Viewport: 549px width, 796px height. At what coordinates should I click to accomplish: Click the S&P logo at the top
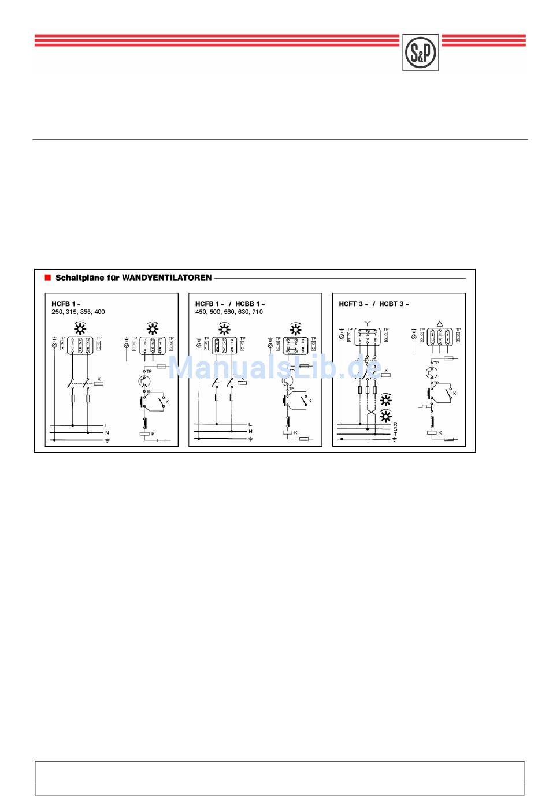[x=420, y=52]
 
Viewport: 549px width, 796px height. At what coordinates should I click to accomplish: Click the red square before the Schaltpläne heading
[x=48, y=278]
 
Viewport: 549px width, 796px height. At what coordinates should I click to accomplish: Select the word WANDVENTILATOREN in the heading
[x=167, y=278]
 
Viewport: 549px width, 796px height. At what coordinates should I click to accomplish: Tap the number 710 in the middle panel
[x=257, y=312]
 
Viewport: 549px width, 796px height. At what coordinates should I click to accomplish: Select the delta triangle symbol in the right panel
[x=440, y=324]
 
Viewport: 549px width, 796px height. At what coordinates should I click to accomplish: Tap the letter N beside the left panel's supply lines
[x=107, y=432]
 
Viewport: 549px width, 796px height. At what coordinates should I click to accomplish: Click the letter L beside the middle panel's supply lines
[x=250, y=424]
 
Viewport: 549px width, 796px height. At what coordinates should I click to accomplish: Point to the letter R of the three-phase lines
[x=395, y=424]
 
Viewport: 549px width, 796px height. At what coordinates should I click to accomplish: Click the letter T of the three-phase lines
[x=395, y=434]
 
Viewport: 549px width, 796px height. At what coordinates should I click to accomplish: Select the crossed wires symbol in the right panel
[x=372, y=414]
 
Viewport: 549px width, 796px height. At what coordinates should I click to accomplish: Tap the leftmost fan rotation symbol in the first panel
[x=80, y=330]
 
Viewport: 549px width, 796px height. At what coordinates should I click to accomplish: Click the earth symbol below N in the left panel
[x=107, y=440]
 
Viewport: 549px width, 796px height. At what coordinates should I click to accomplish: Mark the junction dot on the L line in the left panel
[x=72, y=425]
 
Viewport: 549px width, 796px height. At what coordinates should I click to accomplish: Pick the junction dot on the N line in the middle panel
[x=231, y=432]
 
